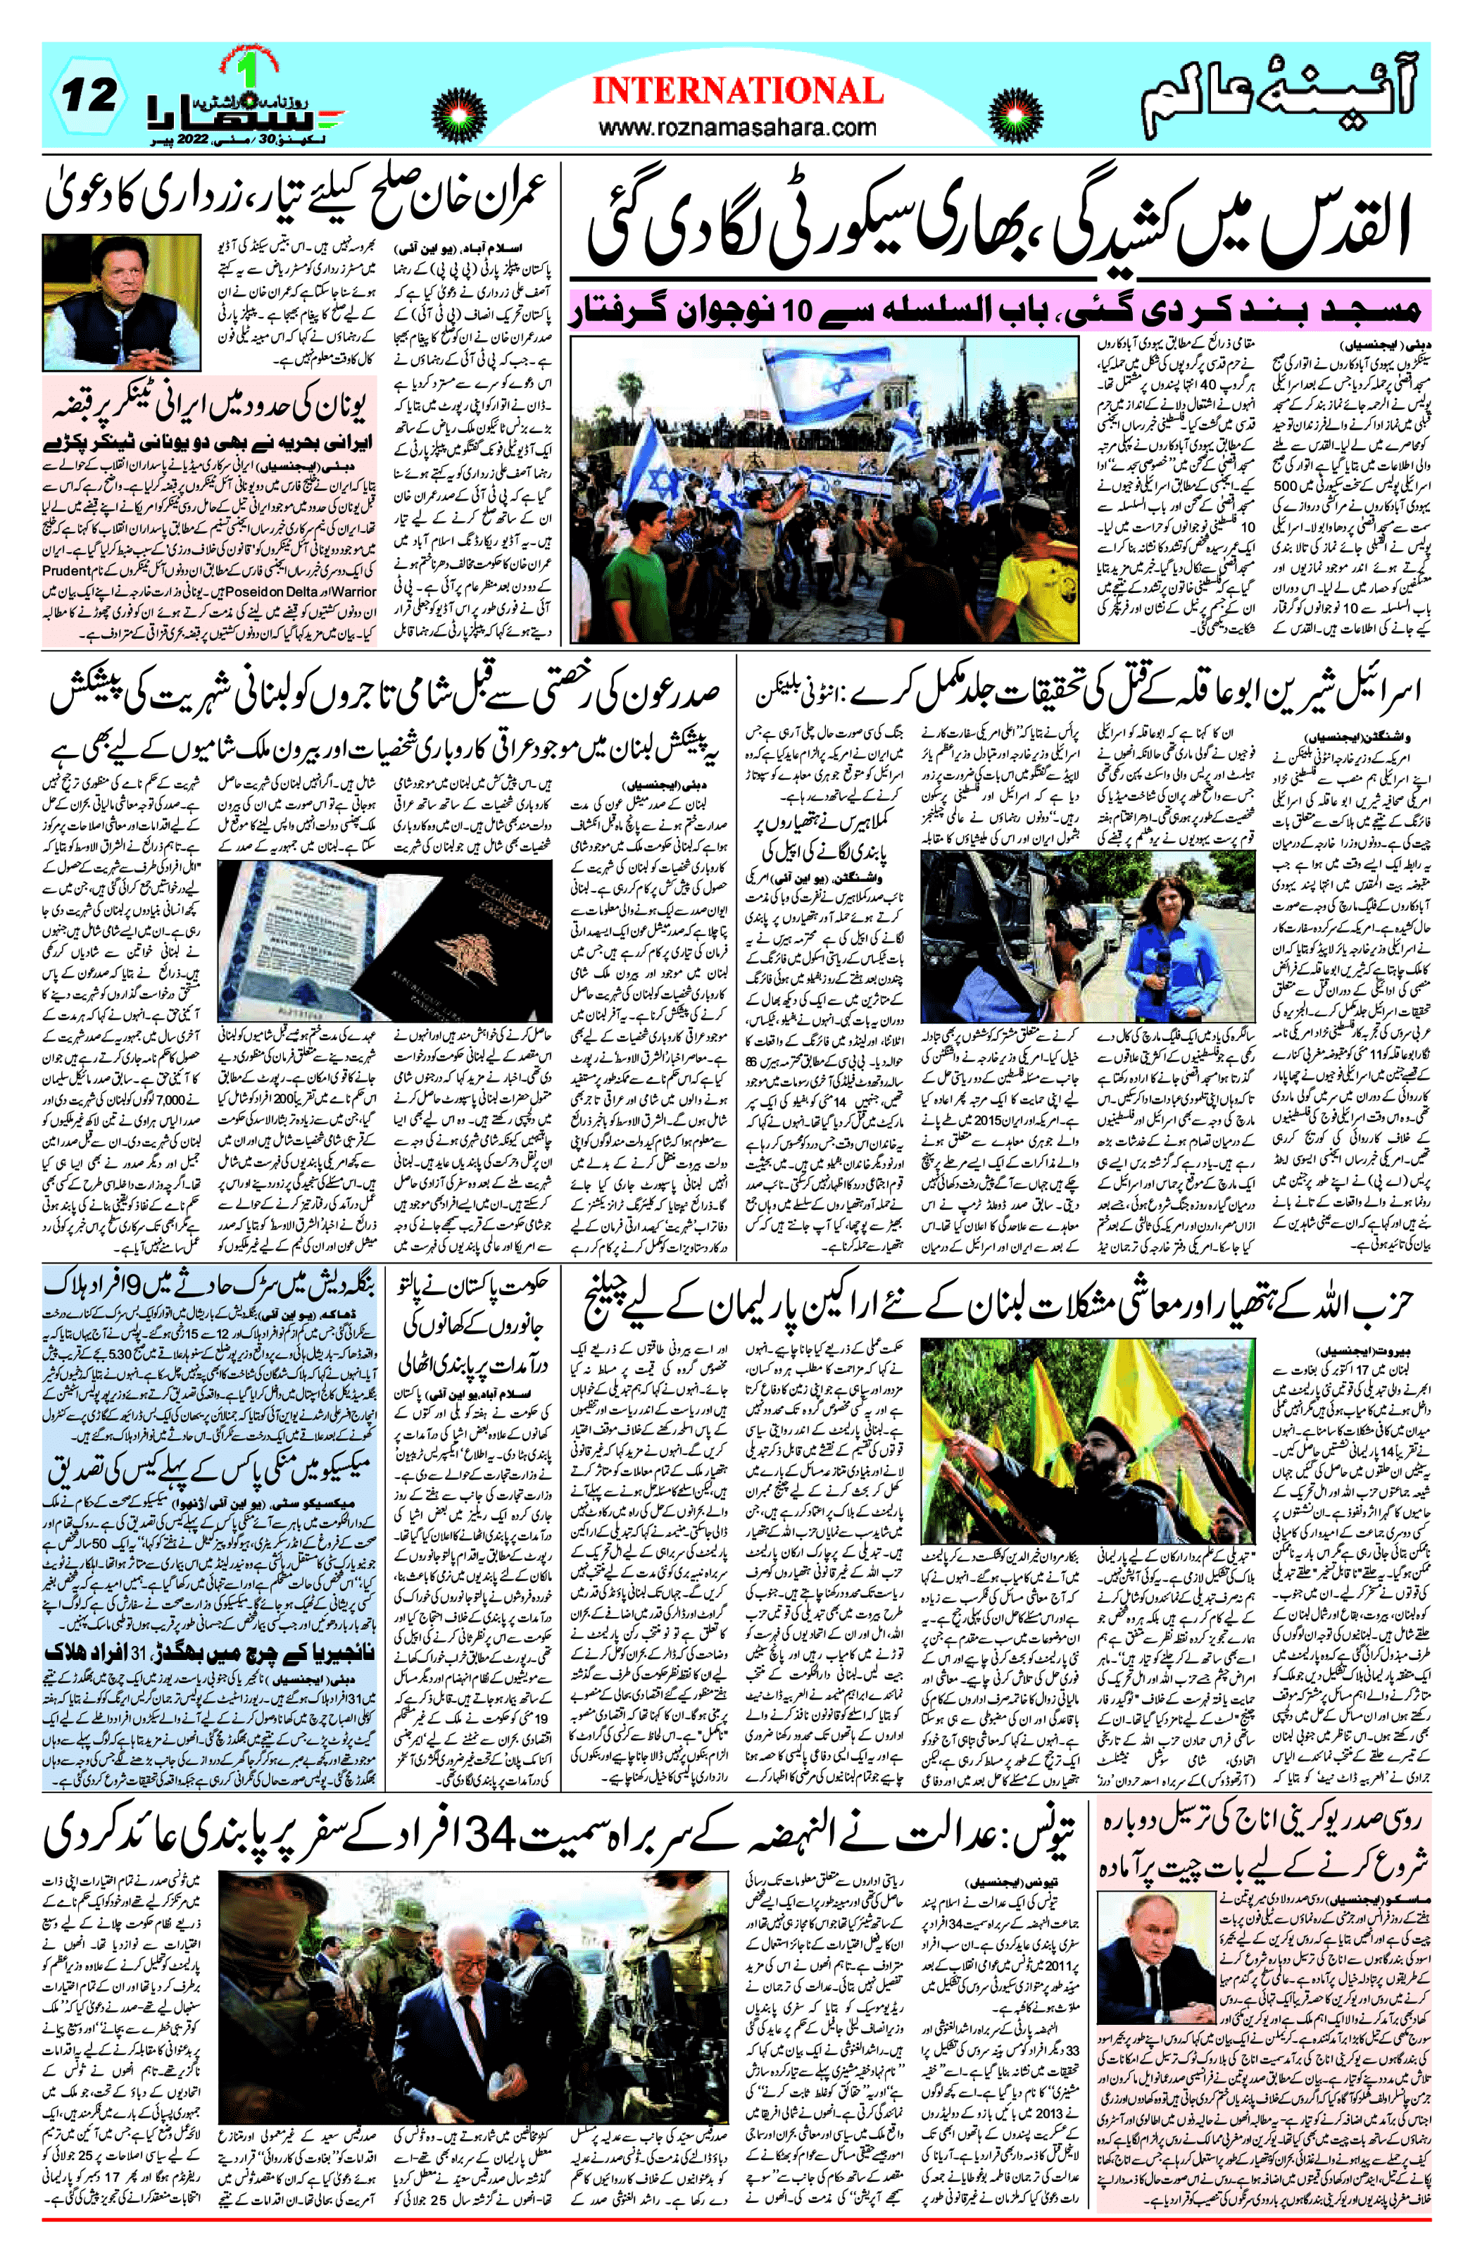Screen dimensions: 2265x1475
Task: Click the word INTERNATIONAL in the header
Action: (738, 92)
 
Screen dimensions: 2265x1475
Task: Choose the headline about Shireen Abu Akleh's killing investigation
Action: (1085, 690)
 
